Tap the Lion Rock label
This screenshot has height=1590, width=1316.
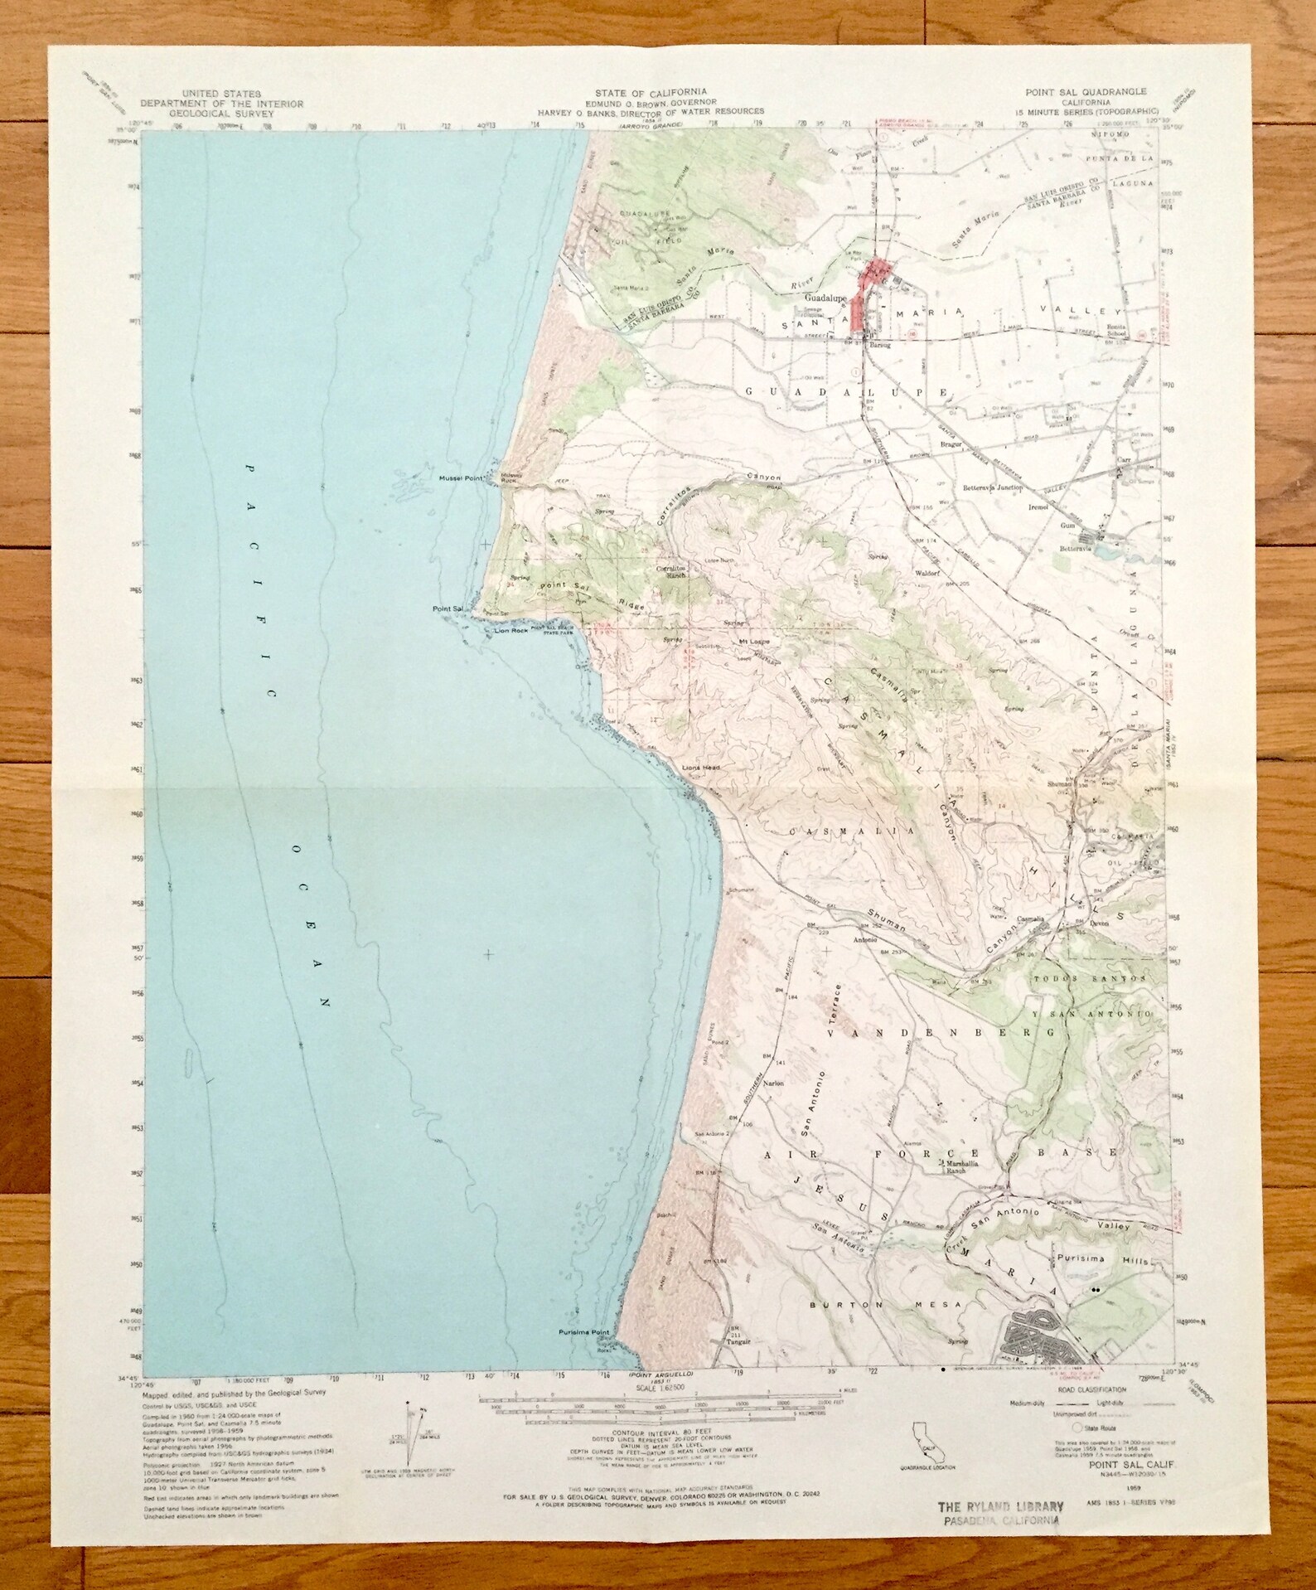click(x=510, y=631)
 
